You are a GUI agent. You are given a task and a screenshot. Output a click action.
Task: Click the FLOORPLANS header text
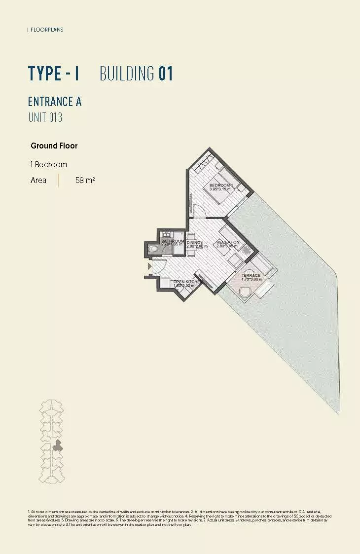click(x=46, y=30)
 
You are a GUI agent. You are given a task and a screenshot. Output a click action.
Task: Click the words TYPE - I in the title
click(x=53, y=74)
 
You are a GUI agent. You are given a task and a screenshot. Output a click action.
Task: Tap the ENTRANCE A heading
click(x=55, y=102)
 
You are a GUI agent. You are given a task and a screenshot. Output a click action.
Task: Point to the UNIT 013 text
click(x=45, y=117)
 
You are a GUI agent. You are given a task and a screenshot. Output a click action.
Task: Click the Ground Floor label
click(x=54, y=146)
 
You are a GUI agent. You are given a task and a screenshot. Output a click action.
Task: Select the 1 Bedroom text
click(x=48, y=164)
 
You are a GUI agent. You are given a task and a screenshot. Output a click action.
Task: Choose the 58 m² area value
click(x=85, y=181)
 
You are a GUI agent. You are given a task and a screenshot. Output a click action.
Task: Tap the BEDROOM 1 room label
click(x=220, y=185)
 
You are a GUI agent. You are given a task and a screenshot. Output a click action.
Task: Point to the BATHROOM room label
click(x=172, y=241)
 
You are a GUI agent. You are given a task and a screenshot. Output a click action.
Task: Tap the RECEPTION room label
click(x=228, y=242)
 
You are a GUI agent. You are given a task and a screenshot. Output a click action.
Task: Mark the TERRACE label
click(x=251, y=275)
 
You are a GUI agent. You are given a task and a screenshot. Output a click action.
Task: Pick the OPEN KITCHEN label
click(x=188, y=282)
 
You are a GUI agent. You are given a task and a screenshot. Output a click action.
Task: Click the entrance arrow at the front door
click(x=149, y=266)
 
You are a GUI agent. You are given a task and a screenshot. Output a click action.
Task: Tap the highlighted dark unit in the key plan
click(x=58, y=446)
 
